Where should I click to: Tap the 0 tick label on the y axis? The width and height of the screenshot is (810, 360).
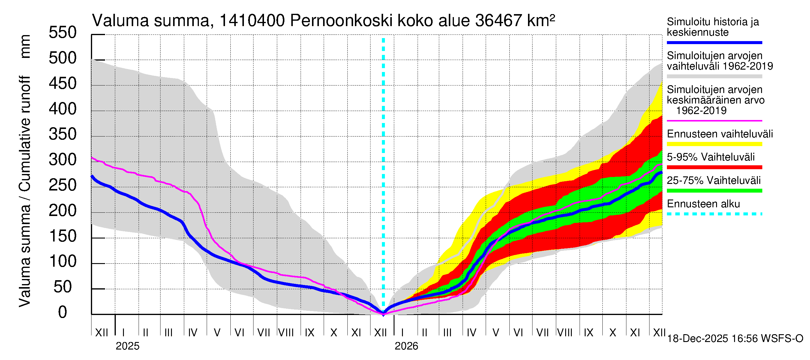click(x=63, y=313)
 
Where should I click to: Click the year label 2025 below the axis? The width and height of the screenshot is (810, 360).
click(x=127, y=346)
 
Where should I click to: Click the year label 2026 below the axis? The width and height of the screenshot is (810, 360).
click(x=406, y=346)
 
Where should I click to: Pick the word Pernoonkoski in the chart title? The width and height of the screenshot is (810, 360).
click(x=341, y=21)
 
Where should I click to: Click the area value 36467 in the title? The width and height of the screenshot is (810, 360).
click(x=499, y=21)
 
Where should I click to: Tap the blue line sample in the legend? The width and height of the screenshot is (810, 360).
click(x=714, y=42)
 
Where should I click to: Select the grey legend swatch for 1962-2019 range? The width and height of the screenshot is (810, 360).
click(x=714, y=76)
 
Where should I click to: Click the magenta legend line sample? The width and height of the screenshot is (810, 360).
click(x=714, y=121)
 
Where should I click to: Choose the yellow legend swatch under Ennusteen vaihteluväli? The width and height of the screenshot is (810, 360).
click(x=714, y=144)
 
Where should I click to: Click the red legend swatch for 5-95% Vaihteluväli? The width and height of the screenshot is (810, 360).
click(x=714, y=167)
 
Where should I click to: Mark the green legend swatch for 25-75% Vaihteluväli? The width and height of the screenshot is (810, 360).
click(x=714, y=190)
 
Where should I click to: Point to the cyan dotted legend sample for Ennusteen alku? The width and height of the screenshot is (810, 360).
click(x=714, y=214)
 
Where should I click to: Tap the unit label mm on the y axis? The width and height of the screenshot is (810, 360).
click(x=25, y=46)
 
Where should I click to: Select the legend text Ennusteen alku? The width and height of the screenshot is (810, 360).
click(x=703, y=204)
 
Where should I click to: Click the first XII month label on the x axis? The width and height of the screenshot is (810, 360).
click(x=101, y=333)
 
